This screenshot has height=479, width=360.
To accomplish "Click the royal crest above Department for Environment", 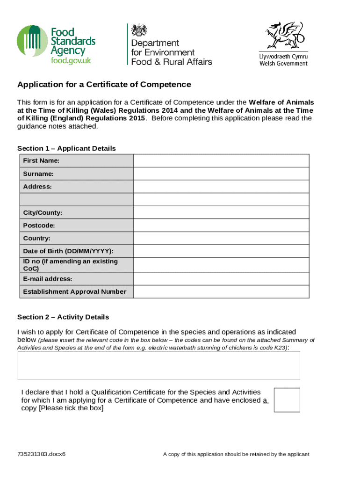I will point(139,31).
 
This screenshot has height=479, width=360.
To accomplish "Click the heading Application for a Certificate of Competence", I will point(104,85).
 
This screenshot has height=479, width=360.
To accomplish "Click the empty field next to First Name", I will point(221,161).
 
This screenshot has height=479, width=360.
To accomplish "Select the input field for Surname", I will point(221,174).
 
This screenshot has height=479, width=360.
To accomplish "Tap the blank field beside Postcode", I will point(221,225).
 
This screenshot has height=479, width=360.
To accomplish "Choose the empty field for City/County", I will point(221,212).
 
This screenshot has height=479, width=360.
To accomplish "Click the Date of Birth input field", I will point(221,251).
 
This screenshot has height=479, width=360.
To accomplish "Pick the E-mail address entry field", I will point(221,279).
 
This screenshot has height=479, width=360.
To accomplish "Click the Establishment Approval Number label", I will point(75,292).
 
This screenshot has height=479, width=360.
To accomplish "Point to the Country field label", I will point(37,239).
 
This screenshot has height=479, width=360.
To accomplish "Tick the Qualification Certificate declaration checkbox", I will point(287,400).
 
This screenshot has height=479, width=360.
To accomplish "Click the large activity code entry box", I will point(158,366).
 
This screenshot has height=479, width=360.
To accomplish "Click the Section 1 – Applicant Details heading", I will point(66,148).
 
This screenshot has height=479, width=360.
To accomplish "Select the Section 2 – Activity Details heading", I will point(63,317).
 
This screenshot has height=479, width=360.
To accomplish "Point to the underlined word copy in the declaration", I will point(29,408).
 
